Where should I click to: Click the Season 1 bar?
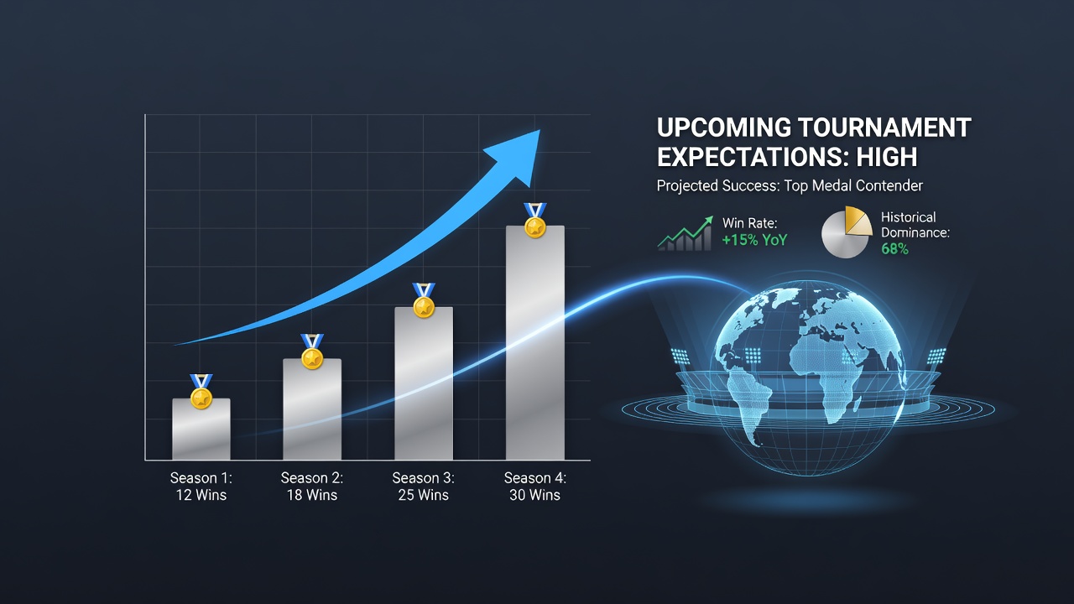click(x=201, y=429)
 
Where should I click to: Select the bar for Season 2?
click(x=312, y=409)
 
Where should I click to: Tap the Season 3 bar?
click(x=424, y=383)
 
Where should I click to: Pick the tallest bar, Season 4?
click(x=535, y=343)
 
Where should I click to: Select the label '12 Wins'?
click(x=201, y=495)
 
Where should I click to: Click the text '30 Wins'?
click(x=535, y=495)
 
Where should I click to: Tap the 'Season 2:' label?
click(x=312, y=478)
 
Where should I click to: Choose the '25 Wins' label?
click(x=424, y=495)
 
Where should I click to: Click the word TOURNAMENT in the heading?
click(x=885, y=128)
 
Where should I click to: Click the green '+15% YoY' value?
click(x=754, y=240)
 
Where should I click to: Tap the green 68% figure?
click(x=894, y=249)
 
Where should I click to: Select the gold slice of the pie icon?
click(x=857, y=221)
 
